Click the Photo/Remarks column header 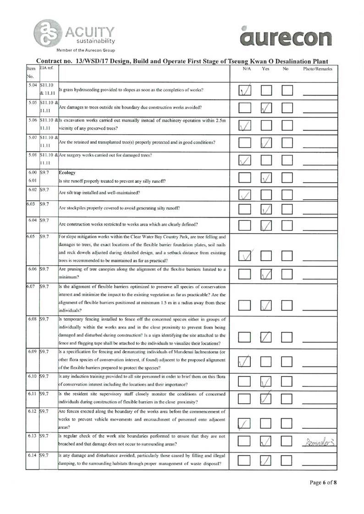point(318,69)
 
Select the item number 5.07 point(32,137)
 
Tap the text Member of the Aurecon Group point(85,50)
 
